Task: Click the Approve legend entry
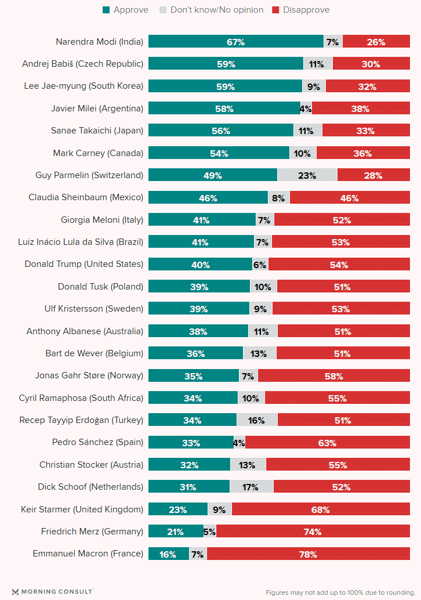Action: coord(125,10)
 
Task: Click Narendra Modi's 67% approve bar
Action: coord(235,42)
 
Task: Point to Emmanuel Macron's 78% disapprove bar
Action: coord(308,554)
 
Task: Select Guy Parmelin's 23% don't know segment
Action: coord(307,175)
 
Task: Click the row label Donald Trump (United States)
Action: coord(84,264)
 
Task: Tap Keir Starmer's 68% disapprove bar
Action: coord(320,509)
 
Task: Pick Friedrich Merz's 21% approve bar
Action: coord(176,532)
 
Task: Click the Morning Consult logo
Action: coord(52,591)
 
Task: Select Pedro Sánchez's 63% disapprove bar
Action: coord(327,443)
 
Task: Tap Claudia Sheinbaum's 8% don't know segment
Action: coord(278,198)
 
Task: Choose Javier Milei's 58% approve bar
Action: coord(224,109)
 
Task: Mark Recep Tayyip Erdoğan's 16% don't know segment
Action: coord(256,420)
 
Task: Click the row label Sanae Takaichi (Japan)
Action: coord(97,131)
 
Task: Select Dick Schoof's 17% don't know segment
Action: coord(251,487)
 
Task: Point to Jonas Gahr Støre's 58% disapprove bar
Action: coord(333,376)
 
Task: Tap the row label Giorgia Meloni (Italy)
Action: coord(101,220)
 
